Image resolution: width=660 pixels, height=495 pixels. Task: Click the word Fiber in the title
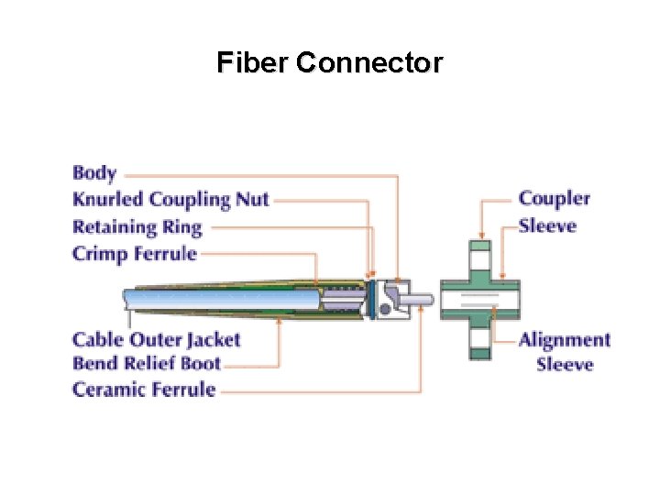(253, 63)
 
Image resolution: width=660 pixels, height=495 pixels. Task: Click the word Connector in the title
(369, 63)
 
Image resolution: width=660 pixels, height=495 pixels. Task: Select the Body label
(94, 172)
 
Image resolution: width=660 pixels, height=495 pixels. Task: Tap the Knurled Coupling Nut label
(170, 199)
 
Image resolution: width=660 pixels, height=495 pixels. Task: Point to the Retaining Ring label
(137, 226)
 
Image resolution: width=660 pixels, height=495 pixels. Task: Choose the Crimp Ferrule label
(135, 253)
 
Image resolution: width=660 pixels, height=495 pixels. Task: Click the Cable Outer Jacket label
(157, 339)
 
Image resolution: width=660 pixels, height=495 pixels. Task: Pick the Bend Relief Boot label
(147, 364)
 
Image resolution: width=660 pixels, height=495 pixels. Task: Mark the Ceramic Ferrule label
(144, 390)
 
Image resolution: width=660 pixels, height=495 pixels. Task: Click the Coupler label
(555, 199)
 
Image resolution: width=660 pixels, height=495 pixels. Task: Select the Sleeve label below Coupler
(547, 225)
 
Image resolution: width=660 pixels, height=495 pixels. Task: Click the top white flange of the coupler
(480, 248)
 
